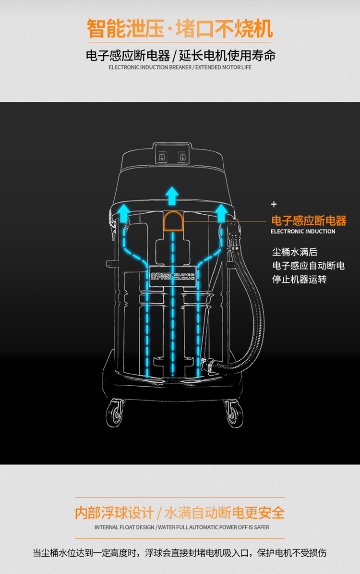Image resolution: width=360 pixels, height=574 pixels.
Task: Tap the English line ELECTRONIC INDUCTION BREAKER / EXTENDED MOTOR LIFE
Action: pyautogui.click(x=180, y=67)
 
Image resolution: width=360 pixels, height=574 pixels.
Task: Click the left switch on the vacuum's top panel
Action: pyautogui.click(x=162, y=157)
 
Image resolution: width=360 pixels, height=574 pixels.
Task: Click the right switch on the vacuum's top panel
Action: pyautogui.click(x=182, y=157)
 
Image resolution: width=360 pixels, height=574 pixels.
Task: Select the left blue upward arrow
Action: pyautogui.click(x=124, y=211)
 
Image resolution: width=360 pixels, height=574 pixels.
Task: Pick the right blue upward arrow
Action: pyautogui.click(x=222, y=211)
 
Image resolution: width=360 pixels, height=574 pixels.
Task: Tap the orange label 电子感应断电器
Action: pyautogui.click(x=309, y=221)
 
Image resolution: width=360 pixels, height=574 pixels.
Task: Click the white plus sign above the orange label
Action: pyautogui.click(x=274, y=204)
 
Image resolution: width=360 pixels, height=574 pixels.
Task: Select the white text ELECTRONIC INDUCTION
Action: pyautogui.click(x=303, y=232)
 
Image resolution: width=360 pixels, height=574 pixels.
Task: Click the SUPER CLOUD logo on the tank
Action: pyautogui.click(x=172, y=273)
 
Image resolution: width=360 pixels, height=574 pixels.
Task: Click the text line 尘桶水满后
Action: pyautogui.click(x=295, y=252)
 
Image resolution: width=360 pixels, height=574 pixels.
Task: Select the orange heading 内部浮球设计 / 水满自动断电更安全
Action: pyautogui.click(x=180, y=513)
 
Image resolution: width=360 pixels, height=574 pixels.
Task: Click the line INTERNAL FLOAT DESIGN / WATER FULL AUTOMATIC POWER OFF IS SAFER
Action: pyautogui.click(x=180, y=527)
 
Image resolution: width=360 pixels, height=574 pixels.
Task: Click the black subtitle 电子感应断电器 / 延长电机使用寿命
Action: pyautogui.click(x=180, y=55)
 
